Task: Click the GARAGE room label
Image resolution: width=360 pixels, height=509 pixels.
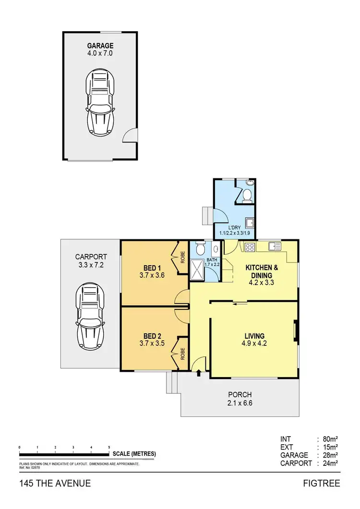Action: (x=100, y=46)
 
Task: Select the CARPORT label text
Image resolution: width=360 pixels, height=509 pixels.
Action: (x=91, y=257)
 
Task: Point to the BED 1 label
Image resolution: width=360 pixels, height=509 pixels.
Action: (x=152, y=267)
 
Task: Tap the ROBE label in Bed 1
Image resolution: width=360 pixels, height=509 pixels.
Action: (x=183, y=258)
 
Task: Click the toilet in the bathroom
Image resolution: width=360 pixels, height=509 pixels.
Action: (x=201, y=249)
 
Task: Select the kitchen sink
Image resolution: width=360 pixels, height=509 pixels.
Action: (x=275, y=246)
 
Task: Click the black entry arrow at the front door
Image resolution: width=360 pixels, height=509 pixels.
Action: (x=198, y=372)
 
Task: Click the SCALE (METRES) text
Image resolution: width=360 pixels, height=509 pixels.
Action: (x=134, y=454)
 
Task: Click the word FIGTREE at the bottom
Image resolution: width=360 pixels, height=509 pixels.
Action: (x=322, y=483)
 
